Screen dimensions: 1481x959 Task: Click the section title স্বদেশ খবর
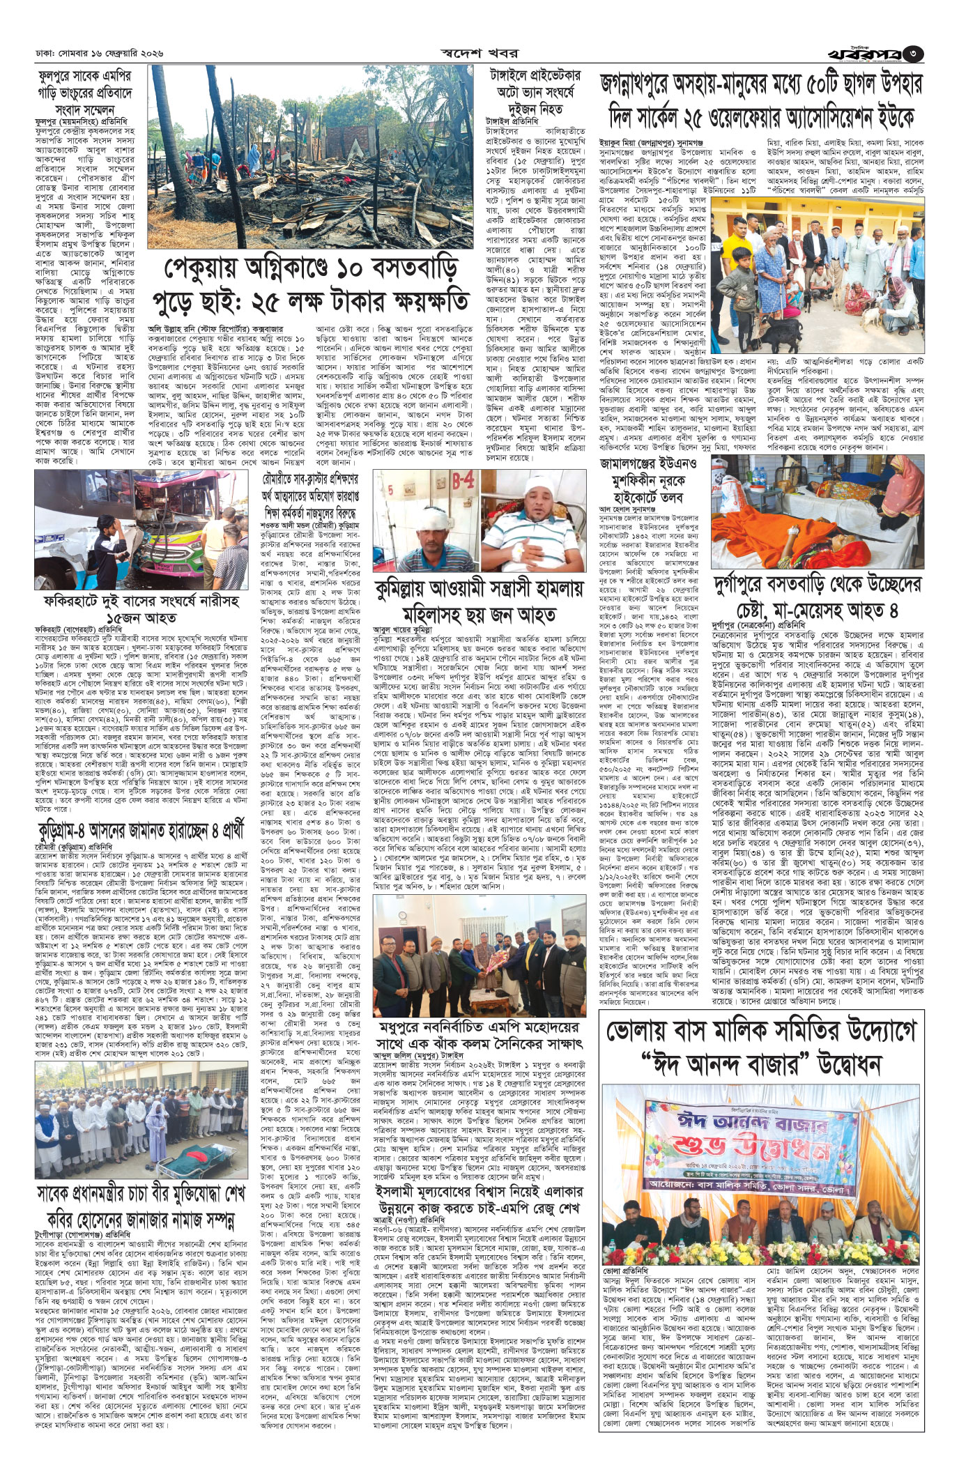(479, 52)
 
